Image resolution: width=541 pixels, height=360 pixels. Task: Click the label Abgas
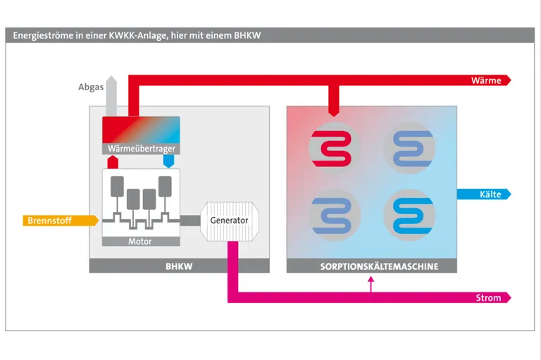point(91,87)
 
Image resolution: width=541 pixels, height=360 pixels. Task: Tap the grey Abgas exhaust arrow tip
point(111,79)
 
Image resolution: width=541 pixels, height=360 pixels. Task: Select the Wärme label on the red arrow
point(486,80)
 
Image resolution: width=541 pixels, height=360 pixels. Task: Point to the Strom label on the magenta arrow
point(488,297)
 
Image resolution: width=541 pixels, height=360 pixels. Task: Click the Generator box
point(229,221)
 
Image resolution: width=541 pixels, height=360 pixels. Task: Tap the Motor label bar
point(140,242)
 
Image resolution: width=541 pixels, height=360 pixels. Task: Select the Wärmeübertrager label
point(142,149)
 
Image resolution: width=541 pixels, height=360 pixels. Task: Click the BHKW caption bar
point(179,266)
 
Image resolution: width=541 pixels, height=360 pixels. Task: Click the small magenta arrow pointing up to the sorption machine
point(372,284)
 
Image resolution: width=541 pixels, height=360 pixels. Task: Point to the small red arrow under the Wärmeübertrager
point(111,161)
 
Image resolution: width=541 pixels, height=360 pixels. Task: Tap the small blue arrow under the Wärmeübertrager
point(168,161)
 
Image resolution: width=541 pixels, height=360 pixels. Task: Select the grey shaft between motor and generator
point(190,221)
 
